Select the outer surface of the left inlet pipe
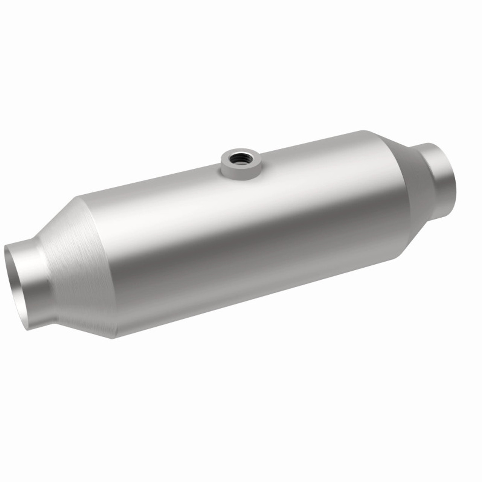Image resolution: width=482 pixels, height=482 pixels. click(x=36, y=286)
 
